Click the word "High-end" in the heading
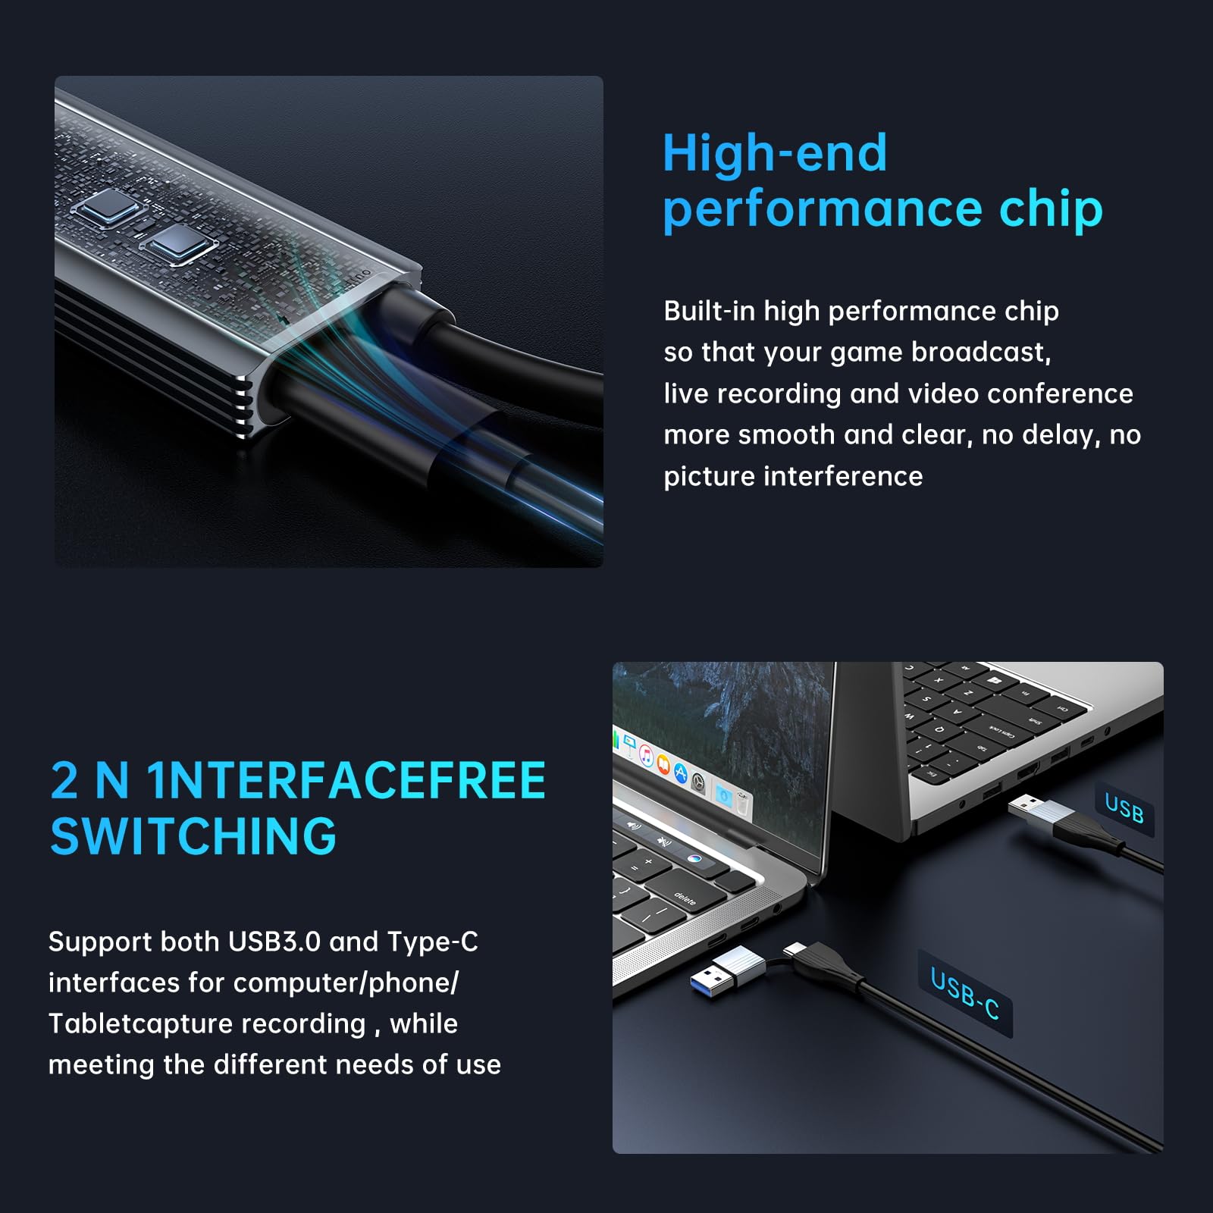click(774, 153)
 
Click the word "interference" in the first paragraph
click(843, 476)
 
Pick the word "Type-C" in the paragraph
click(433, 942)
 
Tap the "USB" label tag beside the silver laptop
click(1124, 808)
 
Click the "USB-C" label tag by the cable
click(965, 993)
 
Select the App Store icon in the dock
click(680, 773)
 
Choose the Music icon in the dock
click(646, 755)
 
